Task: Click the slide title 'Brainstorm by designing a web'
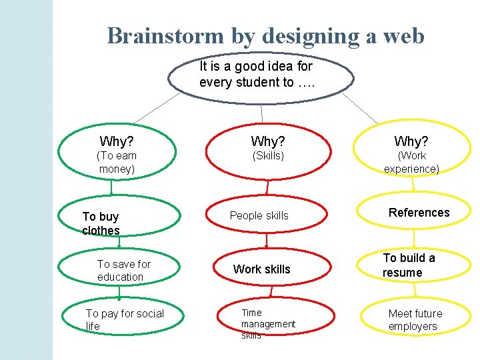click(265, 35)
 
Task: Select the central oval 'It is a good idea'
click(261, 75)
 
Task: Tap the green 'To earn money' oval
click(119, 155)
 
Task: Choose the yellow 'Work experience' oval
click(411, 155)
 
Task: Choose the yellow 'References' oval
click(414, 212)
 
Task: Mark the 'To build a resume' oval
click(414, 264)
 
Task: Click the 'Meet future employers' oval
click(414, 319)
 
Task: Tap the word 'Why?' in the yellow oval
click(411, 141)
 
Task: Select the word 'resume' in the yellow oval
click(402, 272)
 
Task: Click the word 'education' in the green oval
click(120, 277)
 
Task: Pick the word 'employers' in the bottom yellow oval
click(413, 326)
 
